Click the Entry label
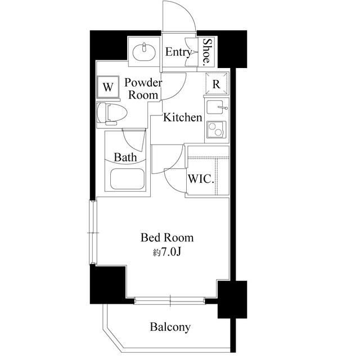pos(178,52)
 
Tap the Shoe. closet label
pos(207,51)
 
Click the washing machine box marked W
pos(108,88)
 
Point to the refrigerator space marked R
pos(217,84)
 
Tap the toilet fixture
pos(112,114)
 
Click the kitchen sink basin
pos(215,107)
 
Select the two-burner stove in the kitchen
pos(217,130)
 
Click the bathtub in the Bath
pos(127,179)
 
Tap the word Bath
pos(125,157)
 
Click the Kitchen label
pos(182,118)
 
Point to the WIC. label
pos(201,179)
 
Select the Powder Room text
pos(143,89)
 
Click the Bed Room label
pos(167,237)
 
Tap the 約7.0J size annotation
pos(167,252)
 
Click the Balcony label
pos(170,327)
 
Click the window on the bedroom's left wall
pos(93,232)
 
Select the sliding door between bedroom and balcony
pos(169,300)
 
